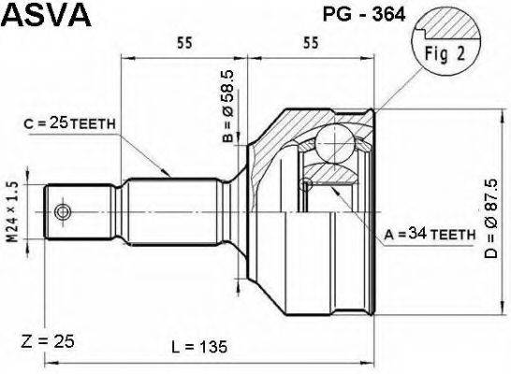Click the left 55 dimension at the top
pos(183,43)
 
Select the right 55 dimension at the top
pos(311,43)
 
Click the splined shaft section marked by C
pos(173,212)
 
